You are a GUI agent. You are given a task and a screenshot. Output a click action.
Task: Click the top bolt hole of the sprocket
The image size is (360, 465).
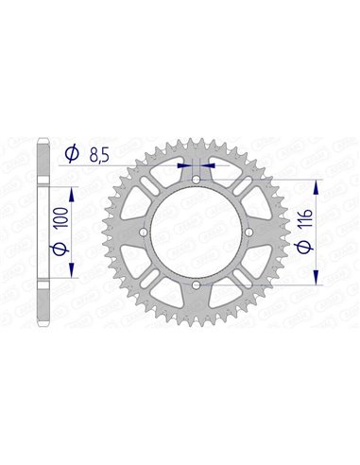click(195, 180)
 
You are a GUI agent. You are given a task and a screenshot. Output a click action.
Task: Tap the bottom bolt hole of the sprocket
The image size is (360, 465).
click(195, 284)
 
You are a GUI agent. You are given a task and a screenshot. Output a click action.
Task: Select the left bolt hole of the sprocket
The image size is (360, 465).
click(143, 232)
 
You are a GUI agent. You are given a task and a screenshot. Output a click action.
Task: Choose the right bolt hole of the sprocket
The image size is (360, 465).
click(248, 232)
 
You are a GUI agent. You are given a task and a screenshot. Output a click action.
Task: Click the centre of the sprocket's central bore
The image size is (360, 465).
click(195, 232)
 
